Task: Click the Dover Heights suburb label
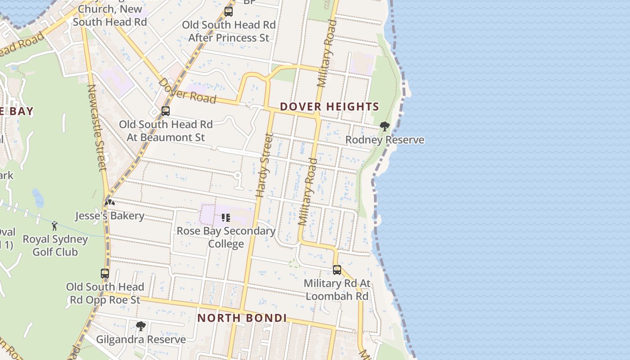click(x=329, y=107)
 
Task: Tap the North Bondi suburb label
click(x=242, y=318)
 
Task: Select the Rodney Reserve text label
click(x=385, y=140)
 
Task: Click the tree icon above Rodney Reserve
click(x=384, y=126)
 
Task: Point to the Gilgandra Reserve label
click(x=141, y=339)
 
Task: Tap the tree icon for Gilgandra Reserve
click(x=141, y=326)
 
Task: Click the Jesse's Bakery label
click(x=109, y=216)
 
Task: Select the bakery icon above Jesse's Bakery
click(x=109, y=202)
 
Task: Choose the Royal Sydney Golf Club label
click(x=55, y=245)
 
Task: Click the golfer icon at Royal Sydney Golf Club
click(x=55, y=225)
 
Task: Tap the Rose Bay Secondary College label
click(x=226, y=237)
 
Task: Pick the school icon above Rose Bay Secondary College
click(x=226, y=218)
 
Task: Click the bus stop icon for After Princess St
click(x=229, y=12)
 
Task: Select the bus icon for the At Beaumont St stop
click(x=166, y=111)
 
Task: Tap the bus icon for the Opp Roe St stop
click(x=105, y=273)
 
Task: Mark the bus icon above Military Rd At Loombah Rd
click(x=337, y=270)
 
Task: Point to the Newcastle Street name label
click(x=97, y=128)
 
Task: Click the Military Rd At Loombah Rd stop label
click(x=337, y=290)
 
